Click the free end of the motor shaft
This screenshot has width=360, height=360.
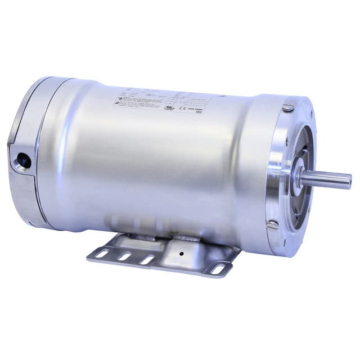(349, 181)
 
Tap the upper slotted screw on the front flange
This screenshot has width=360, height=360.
(287, 108)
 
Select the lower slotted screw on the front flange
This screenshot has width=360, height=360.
(272, 225)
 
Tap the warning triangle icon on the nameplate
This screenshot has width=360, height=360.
(118, 101)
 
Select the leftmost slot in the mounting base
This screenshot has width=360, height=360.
(102, 254)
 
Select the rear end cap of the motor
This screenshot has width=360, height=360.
(25, 152)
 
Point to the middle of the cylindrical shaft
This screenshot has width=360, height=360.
(326, 179)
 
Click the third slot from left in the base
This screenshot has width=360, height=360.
(147, 260)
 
